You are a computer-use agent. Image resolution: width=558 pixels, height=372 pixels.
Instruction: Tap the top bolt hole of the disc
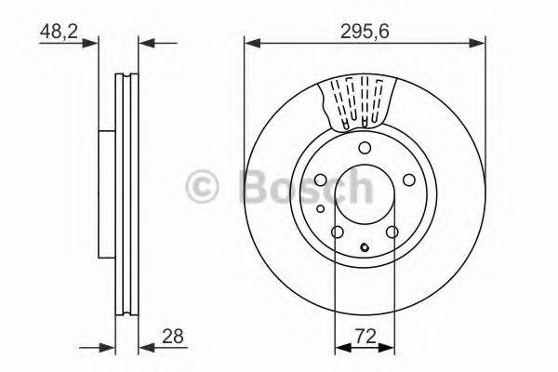click(365, 149)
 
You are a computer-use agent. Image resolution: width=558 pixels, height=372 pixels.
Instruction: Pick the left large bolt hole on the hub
click(320, 181)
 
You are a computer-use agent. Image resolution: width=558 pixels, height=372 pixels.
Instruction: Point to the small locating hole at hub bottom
click(365, 247)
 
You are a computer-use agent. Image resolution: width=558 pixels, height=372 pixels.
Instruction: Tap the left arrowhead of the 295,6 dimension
click(250, 41)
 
